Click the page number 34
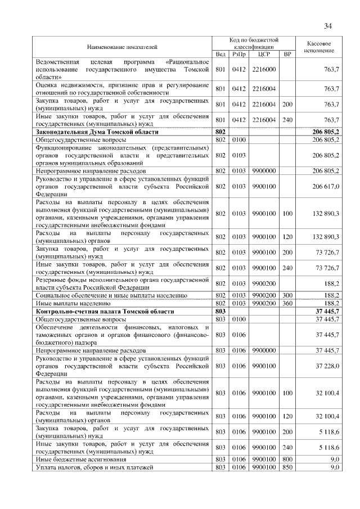[x=328, y=25]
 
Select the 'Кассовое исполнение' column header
[x=319, y=47]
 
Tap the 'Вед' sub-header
[x=220, y=55]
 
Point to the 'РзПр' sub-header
[x=238, y=55]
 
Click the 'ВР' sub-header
[x=287, y=55]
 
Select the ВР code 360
[x=287, y=303]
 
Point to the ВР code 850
[x=287, y=467]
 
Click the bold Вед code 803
[x=220, y=311]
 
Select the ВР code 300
[x=287, y=295]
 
